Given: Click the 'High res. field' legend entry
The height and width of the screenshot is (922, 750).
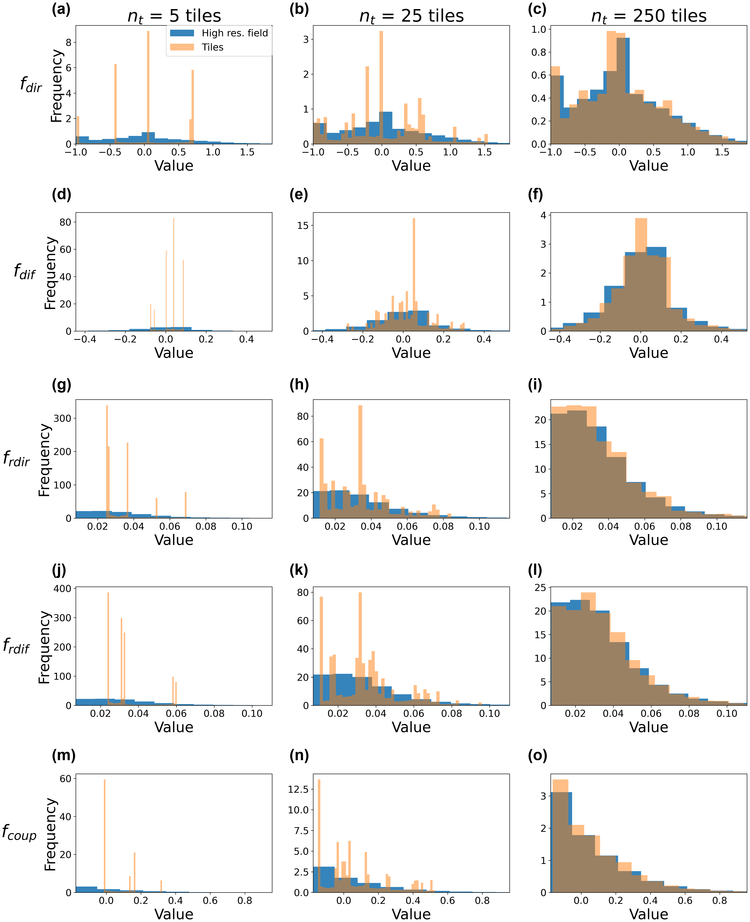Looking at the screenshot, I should [x=235, y=33].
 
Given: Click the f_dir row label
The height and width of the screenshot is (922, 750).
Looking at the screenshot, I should [x=31, y=84].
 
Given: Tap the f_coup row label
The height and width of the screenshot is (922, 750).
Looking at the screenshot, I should [x=19, y=832].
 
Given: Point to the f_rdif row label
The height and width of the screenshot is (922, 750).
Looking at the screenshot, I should [x=16, y=646].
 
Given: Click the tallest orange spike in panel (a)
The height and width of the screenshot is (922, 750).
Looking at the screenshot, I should [x=148, y=86].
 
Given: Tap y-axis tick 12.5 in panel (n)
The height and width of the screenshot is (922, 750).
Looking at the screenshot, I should [x=298, y=789].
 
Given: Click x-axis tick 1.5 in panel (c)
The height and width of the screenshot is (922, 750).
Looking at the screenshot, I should [x=722, y=152].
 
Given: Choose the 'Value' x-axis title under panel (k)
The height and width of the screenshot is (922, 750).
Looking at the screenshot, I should [x=411, y=727].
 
